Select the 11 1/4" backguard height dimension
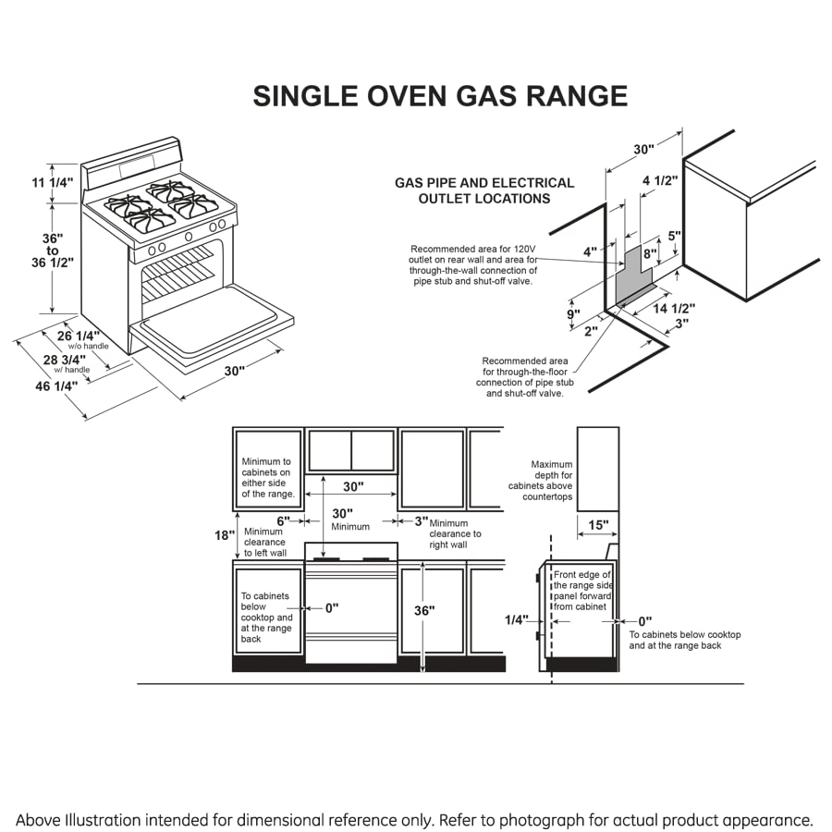52,182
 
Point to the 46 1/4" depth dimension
56,386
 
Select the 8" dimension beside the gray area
651,252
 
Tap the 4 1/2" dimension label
660,180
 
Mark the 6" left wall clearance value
284,520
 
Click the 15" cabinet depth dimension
598,525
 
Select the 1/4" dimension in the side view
516,621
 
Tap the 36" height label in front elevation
423,611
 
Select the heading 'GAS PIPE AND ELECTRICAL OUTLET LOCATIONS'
484,190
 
